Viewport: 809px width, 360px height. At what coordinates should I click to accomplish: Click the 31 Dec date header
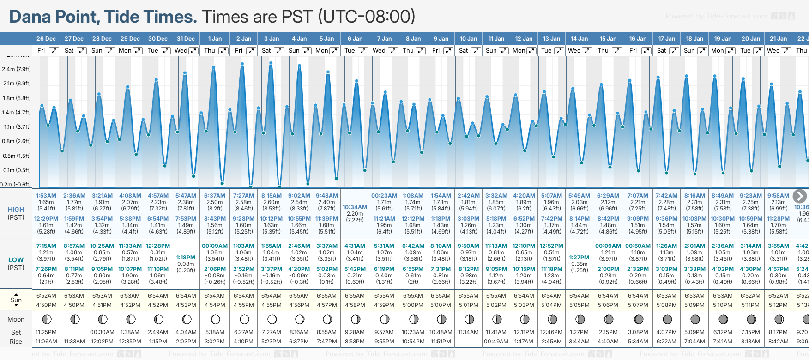point(186,39)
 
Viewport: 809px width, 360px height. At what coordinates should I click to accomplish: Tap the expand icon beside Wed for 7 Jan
point(393,51)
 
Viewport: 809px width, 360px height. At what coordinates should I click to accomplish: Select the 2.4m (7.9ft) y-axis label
point(16,69)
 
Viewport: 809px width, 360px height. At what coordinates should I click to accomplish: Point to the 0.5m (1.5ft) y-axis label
point(16,156)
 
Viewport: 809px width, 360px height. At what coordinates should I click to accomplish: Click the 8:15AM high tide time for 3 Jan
point(271,196)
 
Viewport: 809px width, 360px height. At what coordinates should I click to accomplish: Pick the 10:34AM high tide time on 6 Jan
point(355,207)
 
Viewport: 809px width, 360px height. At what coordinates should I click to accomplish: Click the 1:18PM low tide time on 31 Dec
point(186,258)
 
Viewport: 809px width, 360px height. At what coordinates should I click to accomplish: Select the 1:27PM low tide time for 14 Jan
point(579,258)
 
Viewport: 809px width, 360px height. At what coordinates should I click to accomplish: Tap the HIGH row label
point(16,210)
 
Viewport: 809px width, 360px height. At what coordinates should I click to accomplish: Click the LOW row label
point(16,260)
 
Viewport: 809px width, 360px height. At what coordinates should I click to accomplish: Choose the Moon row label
point(16,319)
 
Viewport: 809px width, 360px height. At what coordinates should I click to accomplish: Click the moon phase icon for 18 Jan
point(695,319)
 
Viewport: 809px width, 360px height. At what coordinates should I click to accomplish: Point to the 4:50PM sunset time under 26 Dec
point(46,305)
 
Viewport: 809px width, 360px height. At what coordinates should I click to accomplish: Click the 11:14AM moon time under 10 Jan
point(468,332)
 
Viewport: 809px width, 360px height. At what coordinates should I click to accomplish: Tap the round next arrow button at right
point(800,196)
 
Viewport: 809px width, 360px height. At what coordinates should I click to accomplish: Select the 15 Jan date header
point(608,39)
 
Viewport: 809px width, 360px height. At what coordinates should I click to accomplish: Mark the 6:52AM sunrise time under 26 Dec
point(46,296)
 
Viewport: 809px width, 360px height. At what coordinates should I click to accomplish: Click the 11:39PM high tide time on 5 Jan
point(327,219)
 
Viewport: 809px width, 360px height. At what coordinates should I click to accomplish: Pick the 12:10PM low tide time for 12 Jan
point(524,246)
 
